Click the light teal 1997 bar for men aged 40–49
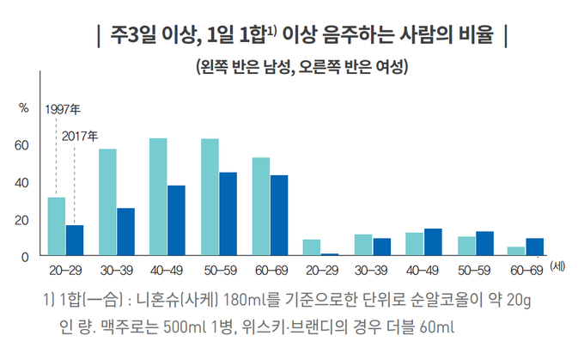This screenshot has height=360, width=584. pos(158,197)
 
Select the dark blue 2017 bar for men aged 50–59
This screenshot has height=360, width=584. pos(228,214)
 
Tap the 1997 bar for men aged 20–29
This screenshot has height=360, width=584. pos(57,227)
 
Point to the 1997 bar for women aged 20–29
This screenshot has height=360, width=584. pos(312,247)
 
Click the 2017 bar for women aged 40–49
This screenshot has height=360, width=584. pos(433,242)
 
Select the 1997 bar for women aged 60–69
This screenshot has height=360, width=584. pos(516,251)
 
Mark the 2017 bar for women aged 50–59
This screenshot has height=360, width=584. pos(484,243)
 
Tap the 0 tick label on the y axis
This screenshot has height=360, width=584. pos(25,256)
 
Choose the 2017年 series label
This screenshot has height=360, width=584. pos(81,135)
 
